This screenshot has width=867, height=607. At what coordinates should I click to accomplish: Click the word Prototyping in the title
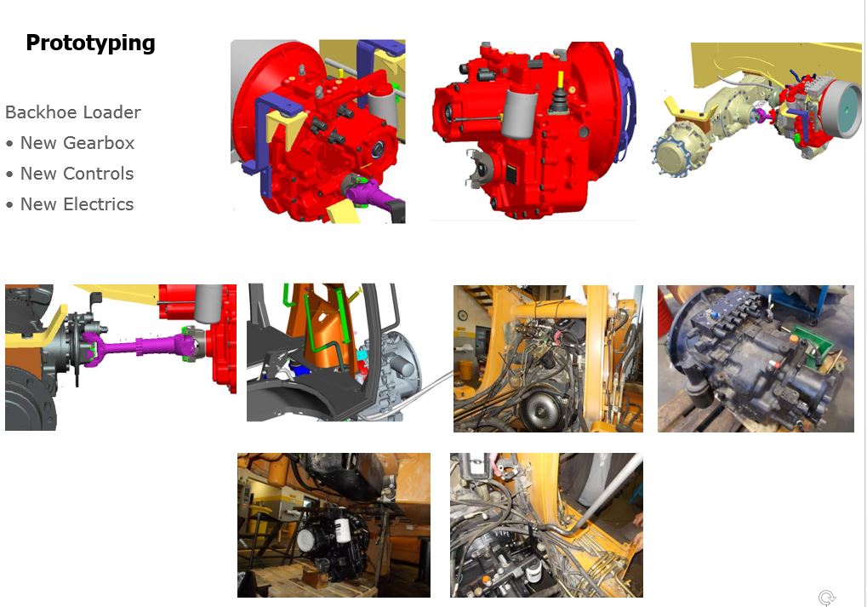91,43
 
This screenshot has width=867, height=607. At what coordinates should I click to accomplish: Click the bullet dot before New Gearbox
9,144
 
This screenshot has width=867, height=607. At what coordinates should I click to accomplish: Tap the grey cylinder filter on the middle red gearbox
518,114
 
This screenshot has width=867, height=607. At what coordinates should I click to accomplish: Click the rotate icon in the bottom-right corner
827,598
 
